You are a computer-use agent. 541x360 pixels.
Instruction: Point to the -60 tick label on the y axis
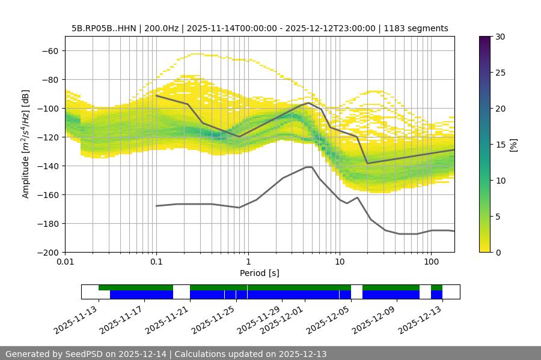pyautogui.click(x=49, y=50)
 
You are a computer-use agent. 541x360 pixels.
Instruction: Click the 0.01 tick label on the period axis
pyautogui.click(x=65, y=262)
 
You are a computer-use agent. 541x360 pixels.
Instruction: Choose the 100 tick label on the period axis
pyautogui.click(x=430, y=262)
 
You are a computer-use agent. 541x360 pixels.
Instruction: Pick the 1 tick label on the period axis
pyautogui.click(x=248, y=262)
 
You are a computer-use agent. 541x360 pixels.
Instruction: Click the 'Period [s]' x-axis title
pyautogui.click(x=259, y=273)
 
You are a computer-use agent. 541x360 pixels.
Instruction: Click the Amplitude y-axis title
pyautogui.click(x=26, y=144)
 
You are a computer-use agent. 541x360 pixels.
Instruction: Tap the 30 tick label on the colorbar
pyautogui.click(x=499, y=37)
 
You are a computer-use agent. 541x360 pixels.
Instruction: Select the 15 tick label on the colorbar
pyautogui.click(x=499, y=145)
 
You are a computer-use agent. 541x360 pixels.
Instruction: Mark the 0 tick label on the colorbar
pyautogui.click(x=497, y=252)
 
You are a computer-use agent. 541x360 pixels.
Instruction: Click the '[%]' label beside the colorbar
pyautogui.click(x=513, y=145)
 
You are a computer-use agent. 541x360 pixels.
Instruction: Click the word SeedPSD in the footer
pyautogui.click(x=90, y=354)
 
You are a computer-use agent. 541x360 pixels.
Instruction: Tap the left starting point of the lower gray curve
pyautogui.click(x=156, y=206)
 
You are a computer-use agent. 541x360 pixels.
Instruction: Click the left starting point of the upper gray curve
pyautogui.click(x=156, y=95)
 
